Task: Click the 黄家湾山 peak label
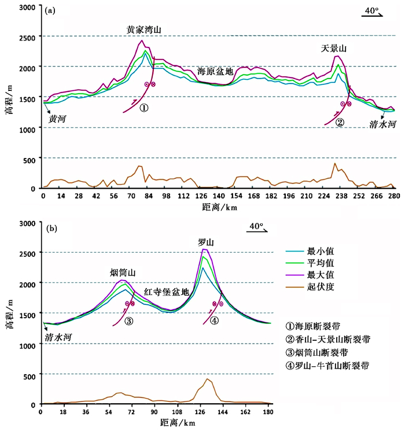[x=144, y=28]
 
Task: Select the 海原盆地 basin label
[x=215, y=72]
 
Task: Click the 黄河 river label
[x=57, y=120]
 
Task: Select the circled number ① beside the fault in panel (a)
[x=144, y=108]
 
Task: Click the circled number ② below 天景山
[x=340, y=122]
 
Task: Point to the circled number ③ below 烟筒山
[x=128, y=321]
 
